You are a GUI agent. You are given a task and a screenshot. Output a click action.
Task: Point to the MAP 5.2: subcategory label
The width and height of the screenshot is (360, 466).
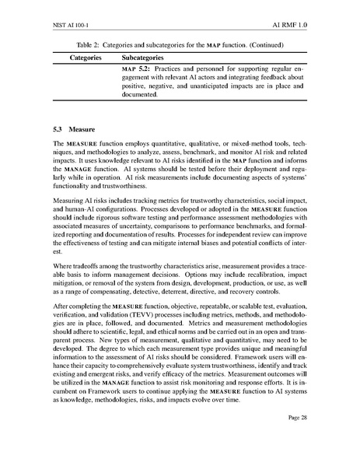[x=138, y=71]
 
